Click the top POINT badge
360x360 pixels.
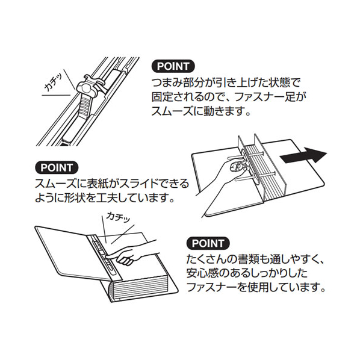coord(173,66)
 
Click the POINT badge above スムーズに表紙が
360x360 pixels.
coord(57,167)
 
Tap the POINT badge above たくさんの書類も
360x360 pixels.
coord(208,243)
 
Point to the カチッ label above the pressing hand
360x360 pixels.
coord(118,217)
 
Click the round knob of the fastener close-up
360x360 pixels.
coord(85,88)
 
